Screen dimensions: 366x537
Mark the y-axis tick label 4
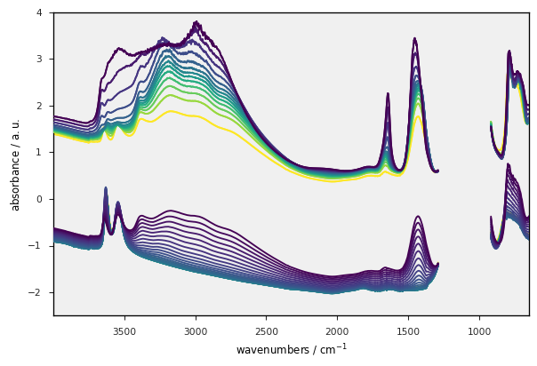[x=39, y=12]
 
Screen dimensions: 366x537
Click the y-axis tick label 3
[x=39, y=60]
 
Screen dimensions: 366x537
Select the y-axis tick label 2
[x=39, y=106]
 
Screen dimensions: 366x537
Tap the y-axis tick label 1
[x=39, y=153]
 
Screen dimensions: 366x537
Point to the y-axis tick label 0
[x=39, y=199]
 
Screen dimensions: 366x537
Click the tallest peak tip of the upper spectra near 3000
[x=196, y=22]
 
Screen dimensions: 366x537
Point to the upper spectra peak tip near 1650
[x=388, y=93]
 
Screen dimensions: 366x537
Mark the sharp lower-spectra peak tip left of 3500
[x=106, y=188]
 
